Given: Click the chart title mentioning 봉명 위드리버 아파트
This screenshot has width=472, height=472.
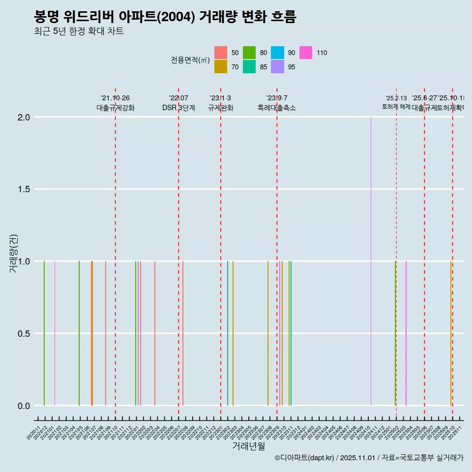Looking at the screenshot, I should [165, 17].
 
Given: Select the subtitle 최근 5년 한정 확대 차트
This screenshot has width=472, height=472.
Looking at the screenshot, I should [79, 31].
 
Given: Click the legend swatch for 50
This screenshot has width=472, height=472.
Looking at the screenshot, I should [221, 53].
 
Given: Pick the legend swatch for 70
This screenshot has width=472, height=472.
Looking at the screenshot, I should [221, 67].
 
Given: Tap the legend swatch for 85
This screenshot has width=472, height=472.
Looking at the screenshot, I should [249, 67].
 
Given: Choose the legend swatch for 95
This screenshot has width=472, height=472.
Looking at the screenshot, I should [277, 67].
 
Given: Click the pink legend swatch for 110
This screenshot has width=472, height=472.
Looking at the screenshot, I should [306, 53].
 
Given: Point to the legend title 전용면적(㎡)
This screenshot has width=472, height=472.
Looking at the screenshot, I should [190, 60].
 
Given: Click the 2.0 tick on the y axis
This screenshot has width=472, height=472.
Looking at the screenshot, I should [25, 117].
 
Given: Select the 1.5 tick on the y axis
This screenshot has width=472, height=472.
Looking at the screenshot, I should [25, 189].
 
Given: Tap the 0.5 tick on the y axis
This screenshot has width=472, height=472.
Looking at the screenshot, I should [25, 333].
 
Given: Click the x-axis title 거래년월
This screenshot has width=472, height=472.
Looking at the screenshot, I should [248, 446].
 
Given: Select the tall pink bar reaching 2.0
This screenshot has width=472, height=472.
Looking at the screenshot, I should [371, 261].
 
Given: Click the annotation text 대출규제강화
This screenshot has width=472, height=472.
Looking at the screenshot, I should [116, 108].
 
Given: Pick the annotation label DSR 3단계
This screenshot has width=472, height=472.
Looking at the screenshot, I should [178, 108].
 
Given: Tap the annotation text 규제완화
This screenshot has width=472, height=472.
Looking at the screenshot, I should [220, 108].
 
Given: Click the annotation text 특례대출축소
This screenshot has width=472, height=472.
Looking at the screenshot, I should [277, 108].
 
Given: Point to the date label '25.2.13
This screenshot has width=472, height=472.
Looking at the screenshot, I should [396, 98].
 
